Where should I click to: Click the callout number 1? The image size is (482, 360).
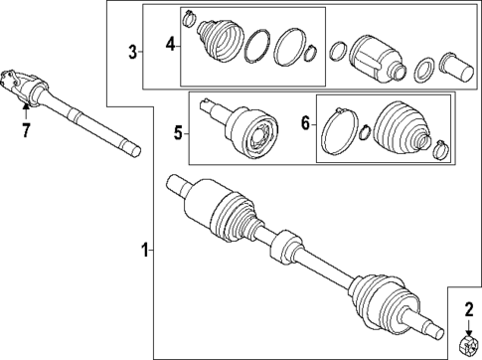click(x=145, y=251)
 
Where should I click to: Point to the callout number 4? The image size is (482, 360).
click(x=170, y=43)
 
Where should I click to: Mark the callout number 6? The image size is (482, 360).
click(x=306, y=124)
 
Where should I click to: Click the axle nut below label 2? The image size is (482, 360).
click(x=467, y=344)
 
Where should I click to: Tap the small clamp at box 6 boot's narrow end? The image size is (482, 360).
click(x=438, y=150)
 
